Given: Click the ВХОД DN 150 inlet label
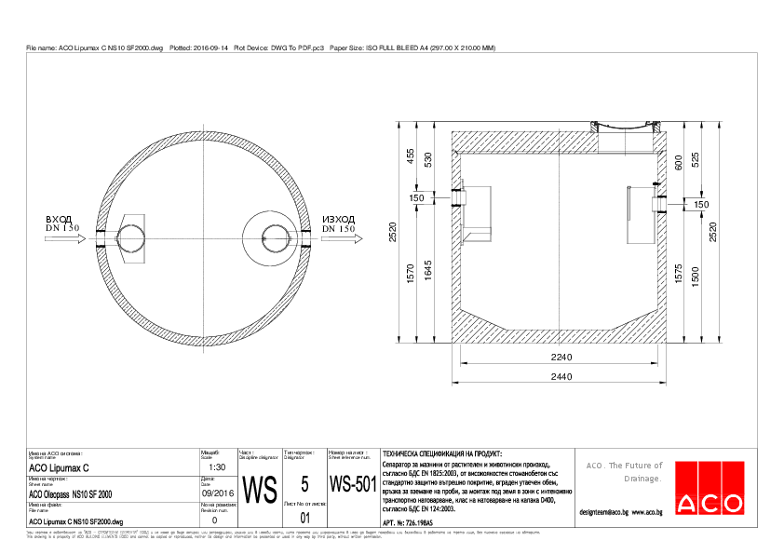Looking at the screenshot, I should [x=62, y=223].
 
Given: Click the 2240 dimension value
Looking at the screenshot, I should [x=561, y=358].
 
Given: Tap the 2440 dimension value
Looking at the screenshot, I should [x=561, y=376].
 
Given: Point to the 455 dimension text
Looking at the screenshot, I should [x=410, y=156].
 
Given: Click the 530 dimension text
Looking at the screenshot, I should [x=428, y=159].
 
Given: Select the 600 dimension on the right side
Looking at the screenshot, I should [x=679, y=162].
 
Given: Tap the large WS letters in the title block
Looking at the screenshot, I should [x=259, y=489].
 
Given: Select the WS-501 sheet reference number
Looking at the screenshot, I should [x=353, y=484].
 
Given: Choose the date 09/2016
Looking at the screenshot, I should [x=218, y=494].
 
